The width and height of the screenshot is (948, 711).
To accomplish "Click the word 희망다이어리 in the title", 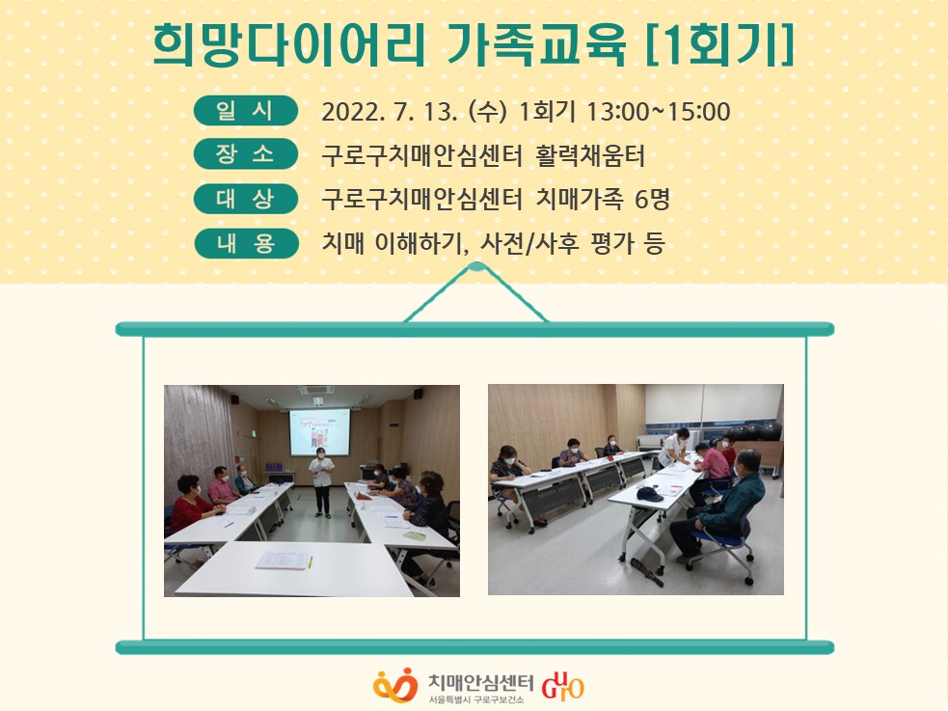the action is (289, 45).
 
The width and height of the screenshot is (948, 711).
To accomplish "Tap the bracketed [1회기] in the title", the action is (719, 45).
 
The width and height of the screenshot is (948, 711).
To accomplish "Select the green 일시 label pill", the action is (246, 111).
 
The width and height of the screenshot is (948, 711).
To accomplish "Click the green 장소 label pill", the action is (246, 154).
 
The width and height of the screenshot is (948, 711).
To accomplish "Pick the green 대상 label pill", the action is (246, 199).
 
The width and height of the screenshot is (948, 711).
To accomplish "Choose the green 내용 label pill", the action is (246, 244).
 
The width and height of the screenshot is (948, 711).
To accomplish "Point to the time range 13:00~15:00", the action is (659, 112).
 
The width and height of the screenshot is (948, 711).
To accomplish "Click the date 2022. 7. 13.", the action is (390, 112).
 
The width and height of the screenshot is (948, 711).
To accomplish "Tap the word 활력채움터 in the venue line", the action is (590, 156).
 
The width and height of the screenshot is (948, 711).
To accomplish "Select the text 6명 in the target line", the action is (652, 200).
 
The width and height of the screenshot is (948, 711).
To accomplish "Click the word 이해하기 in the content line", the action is (422, 244).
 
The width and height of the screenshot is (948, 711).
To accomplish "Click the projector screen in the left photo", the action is (320, 431).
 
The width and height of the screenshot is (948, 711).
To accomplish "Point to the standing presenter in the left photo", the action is (321, 481).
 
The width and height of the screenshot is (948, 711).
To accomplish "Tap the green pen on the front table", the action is (311, 561).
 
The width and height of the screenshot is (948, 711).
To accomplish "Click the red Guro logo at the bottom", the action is (563, 685).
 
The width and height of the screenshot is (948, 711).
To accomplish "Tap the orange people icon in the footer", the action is (395, 685).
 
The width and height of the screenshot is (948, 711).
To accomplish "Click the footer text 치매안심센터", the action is (480, 681).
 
